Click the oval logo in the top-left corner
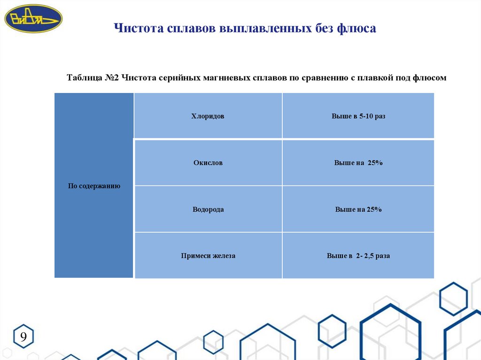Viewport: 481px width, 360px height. [x=33, y=18]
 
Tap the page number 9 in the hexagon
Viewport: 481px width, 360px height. [x=23, y=337]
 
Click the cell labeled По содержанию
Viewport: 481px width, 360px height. [x=94, y=186]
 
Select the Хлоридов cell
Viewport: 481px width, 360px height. [x=208, y=116]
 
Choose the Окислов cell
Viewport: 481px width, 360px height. [x=208, y=163]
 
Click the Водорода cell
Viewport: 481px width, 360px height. [x=208, y=209]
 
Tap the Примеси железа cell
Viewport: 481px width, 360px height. [x=208, y=256]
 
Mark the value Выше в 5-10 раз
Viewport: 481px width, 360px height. [x=358, y=116]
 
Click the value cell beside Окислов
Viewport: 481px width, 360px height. [x=358, y=163]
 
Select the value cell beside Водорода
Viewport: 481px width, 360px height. [x=358, y=209]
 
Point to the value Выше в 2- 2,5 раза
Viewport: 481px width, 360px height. [x=358, y=256]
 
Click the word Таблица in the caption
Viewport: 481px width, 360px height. [x=84, y=77]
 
